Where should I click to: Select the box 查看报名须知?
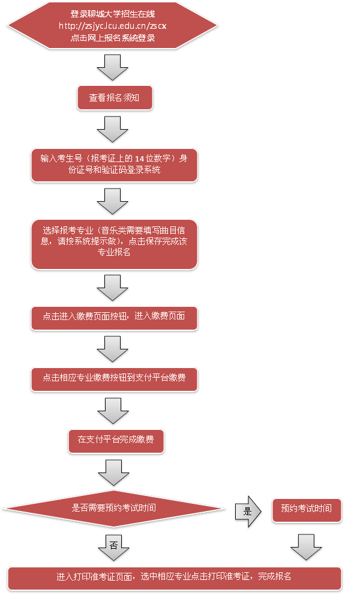[x=115, y=97]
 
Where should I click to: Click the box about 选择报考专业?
[x=115, y=243]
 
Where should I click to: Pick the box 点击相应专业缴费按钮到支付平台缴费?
[x=115, y=378]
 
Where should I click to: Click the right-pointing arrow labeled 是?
[x=247, y=511]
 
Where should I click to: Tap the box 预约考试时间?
[x=307, y=509]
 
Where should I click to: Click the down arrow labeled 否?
[x=113, y=546]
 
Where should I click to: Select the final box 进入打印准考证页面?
[x=175, y=577]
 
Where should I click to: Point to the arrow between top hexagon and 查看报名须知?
[x=113, y=67]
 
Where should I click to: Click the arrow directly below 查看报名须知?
[x=113, y=128]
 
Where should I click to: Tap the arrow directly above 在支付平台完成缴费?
[x=113, y=410]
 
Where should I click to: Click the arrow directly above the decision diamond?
[x=113, y=472]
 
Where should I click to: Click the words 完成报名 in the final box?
[x=275, y=577]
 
